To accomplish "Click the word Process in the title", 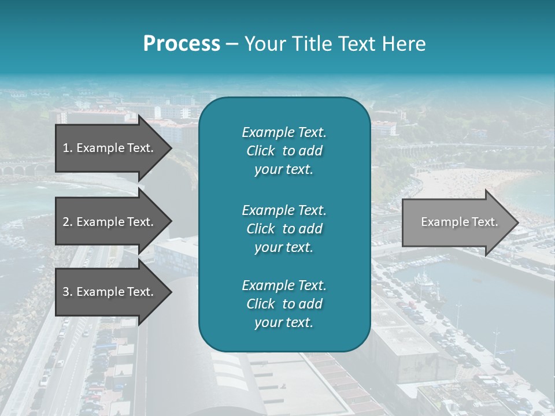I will pos(182,44).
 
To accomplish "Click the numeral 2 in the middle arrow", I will pos(66,222).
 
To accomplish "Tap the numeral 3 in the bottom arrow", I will pos(66,292).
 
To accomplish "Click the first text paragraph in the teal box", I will pos(284,151).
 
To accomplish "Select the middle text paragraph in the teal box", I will pos(284,228).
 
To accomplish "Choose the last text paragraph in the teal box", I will pos(284,304).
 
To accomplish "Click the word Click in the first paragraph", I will pos(261,151).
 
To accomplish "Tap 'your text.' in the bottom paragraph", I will pos(284,322).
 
